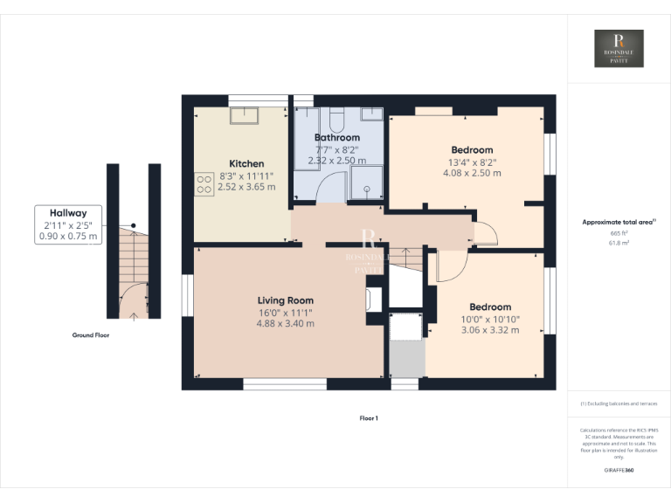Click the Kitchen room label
(246, 164)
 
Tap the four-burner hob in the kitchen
(204, 183)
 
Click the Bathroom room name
(337, 138)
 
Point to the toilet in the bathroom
(338, 118)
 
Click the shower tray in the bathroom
(366, 182)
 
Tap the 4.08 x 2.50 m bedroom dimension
(472, 173)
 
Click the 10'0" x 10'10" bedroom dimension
(490, 319)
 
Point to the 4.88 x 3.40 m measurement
(285, 324)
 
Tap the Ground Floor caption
(91, 334)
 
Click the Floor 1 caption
(369, 418)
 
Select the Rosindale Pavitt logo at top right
(619, 49)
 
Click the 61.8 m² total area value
(619, 244)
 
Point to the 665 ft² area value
(619, 233)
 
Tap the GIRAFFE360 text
(619, 471)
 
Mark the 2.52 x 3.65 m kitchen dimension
(246, 187)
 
